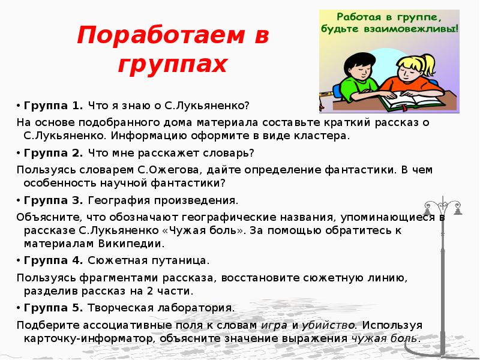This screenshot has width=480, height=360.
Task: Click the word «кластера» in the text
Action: click(x=325, y=136)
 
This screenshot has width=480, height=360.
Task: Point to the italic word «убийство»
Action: click(x=328, y=325)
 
